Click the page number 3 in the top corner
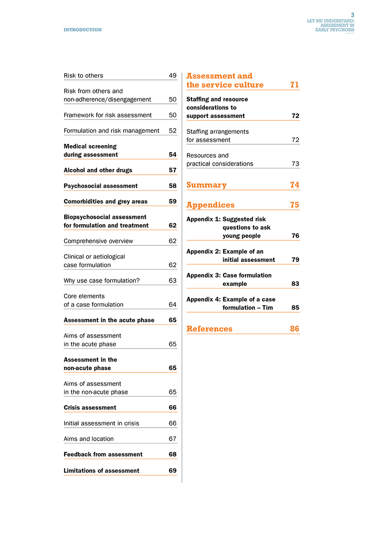click(x=352, y=15)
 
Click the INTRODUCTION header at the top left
click(x=83, y=30)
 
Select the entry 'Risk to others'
click(x=83, y=75)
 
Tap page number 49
click(x=173, y=75)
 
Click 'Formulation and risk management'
click(x=111, y=131)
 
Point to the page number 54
click(x=173, y=155)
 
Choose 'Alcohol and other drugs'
click(x=98, y=170)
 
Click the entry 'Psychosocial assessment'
click(x=101, y=186)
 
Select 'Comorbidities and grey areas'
click(x=106, y=202)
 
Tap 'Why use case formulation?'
click(x=102, y=281)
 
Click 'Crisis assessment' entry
click(x=90, y=408)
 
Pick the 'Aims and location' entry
click(x=89, y=439)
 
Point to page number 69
click(x=173, y=471)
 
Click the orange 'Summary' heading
click(x=206, y=185)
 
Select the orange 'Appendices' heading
click(x=210, y=205)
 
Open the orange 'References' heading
click(x=209, y=329)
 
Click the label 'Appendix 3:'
click(x=203, y=275)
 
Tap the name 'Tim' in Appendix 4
click(x=267, y=308)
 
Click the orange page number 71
click(x=294, y=85)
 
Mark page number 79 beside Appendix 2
click(x=295, y=260)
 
